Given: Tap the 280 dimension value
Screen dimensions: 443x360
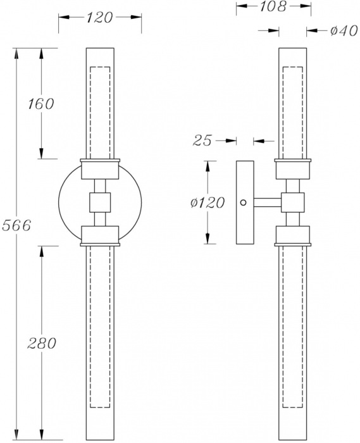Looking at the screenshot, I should pyautogui.click(x=42, y=344).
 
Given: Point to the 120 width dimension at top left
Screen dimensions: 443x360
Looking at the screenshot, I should pyautogui.click(x=99, y=18).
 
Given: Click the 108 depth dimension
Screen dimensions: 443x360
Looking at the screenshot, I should pyautogui.click(x=274, y=7).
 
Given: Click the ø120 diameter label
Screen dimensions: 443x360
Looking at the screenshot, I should pyautogui.click(x=208, y=203).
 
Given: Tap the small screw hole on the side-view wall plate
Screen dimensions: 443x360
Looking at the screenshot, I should pyautogui.click(x=243, y=203).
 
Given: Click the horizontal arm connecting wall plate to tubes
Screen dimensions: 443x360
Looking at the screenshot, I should pyautogui.click(x=266, y=203).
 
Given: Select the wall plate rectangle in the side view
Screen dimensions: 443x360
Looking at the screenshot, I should pyautogui.click(x=244, y=203).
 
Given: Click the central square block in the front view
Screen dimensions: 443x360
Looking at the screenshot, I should pyautogui.click(x=100, y=203).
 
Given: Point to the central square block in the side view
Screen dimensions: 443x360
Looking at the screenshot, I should pyautogui.click(x=292, y=203).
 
